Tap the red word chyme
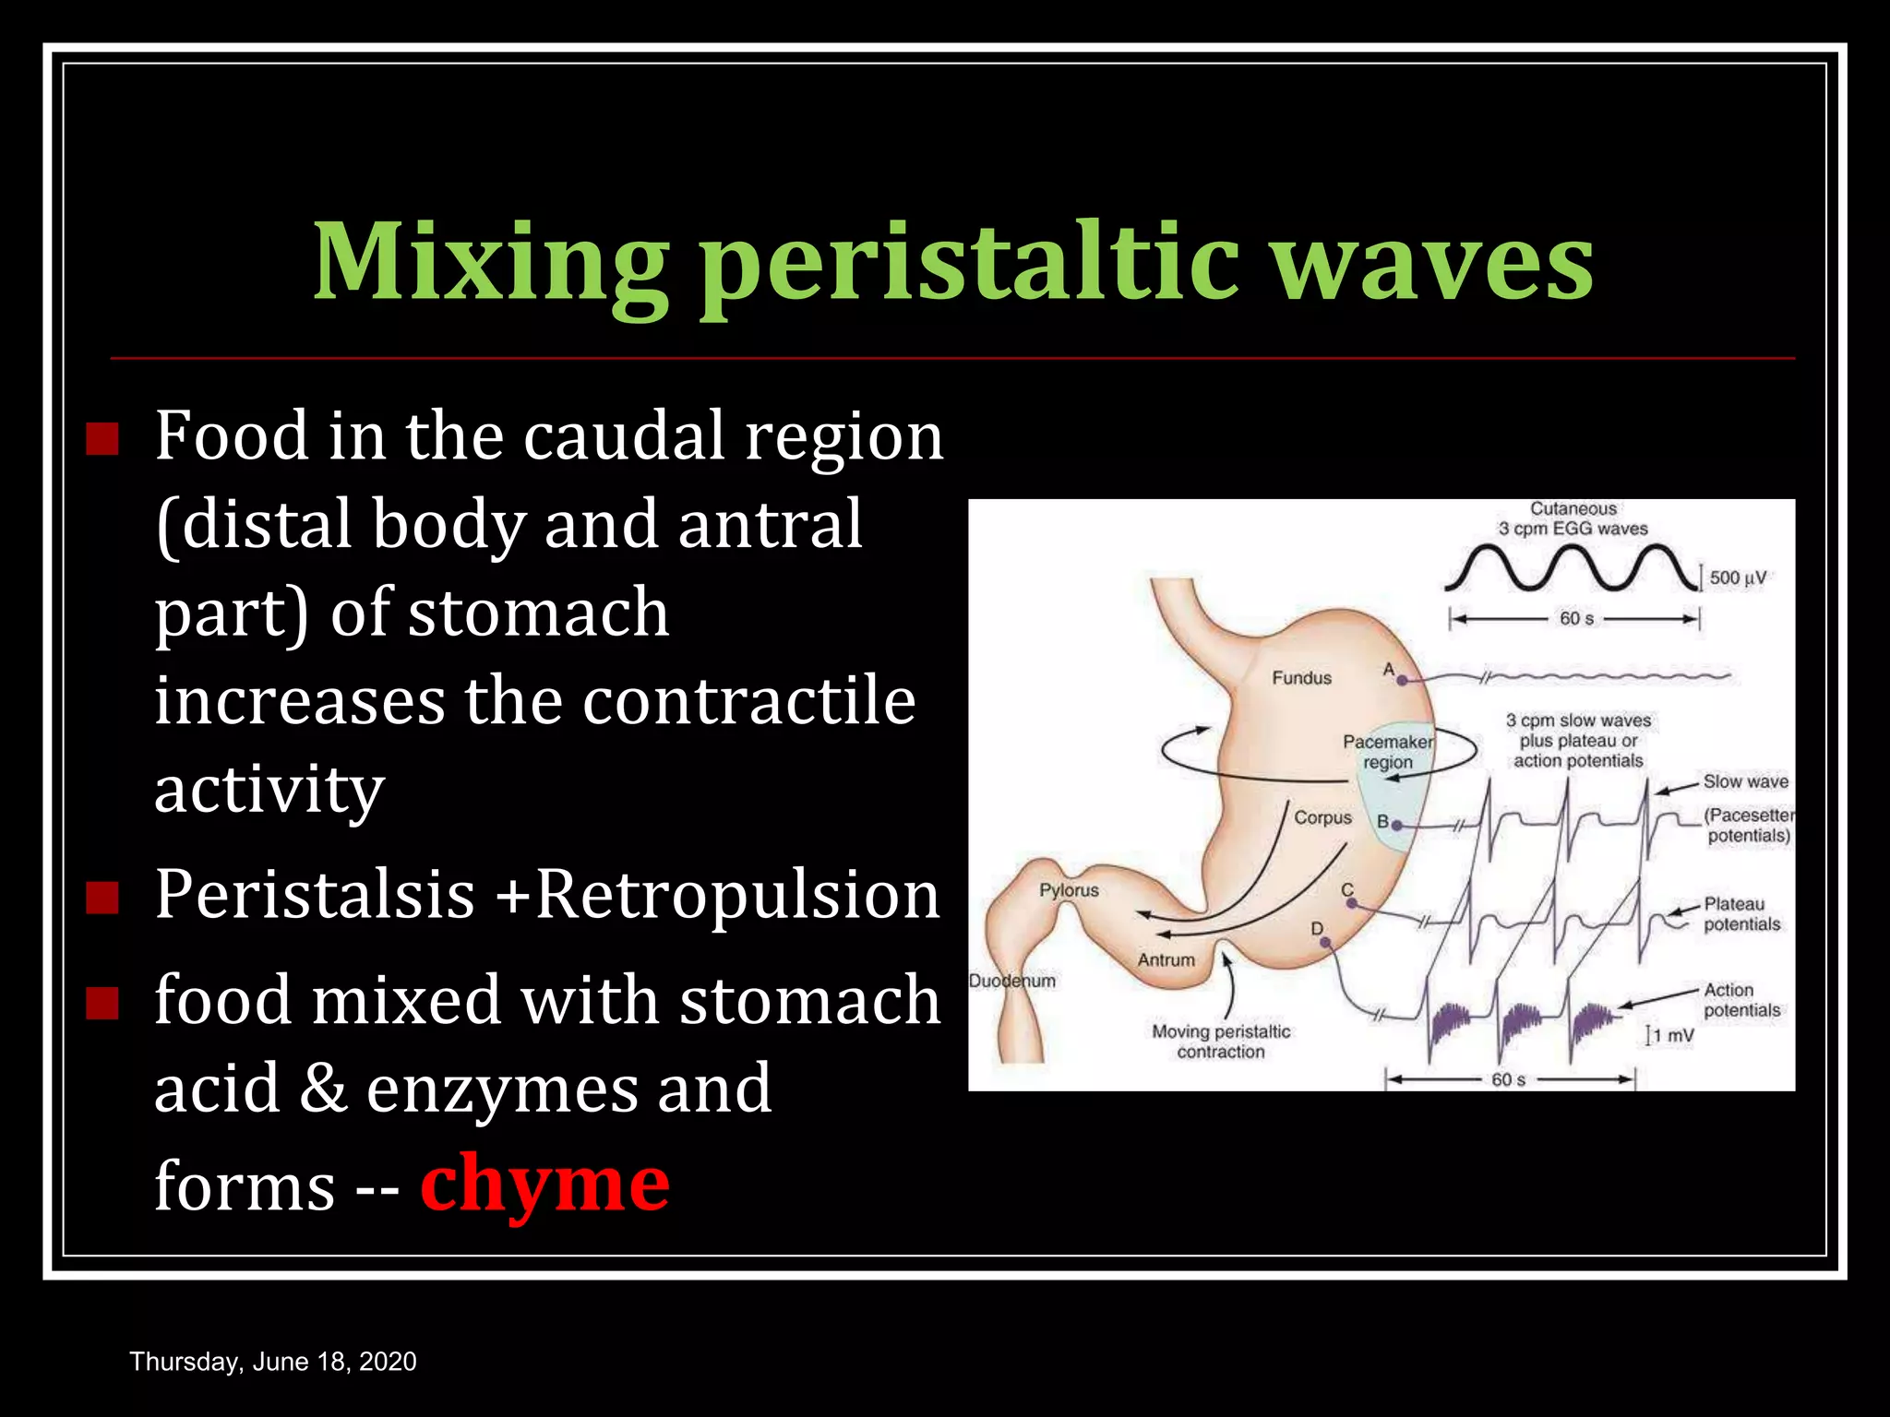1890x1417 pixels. click(544, 1185)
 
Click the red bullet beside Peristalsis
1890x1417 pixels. click(102, 897)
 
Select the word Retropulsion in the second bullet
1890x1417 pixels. click(737, 895)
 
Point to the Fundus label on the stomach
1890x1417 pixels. click(1301, 678)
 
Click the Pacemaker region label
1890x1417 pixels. click(1388, 752)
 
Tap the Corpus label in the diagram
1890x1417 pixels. click(1322, 817)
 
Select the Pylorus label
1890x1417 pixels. click(1069, 890)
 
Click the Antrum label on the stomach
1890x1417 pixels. click(1166, 959)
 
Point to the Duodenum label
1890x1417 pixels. click(1011, 981)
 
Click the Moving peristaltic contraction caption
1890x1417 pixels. click(1221, 1042)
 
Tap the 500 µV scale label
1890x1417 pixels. click(1738, 578)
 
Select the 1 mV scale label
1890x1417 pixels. click(1673, 1036)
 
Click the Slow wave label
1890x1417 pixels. click(1745, 781)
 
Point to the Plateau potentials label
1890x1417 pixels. click(1741, 914)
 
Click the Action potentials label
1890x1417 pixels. click(1741, 1000)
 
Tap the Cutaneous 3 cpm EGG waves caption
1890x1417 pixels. click(1573, 518)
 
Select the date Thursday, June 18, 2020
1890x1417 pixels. click(273, 1362)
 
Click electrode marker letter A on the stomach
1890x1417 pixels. click(1389, 670)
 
